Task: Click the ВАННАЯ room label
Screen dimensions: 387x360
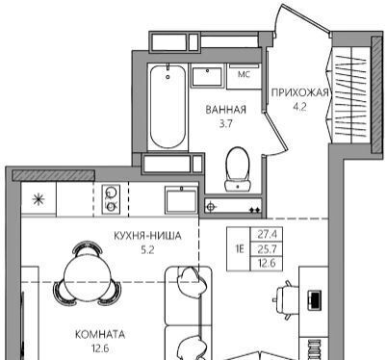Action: coord(225,110)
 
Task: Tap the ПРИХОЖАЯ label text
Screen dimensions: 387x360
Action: coord(300,92)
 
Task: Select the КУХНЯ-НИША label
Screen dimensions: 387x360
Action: coord(147,236)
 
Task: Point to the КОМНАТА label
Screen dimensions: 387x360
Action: coord(100,335)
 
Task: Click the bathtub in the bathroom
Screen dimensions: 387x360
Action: coord(168,107)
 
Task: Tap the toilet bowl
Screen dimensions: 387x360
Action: coord(238,168)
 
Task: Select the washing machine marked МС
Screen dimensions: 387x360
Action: coord(244,76)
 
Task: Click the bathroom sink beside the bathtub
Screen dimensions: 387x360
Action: coord(207,76)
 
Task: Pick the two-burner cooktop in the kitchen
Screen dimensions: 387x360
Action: coord(111,199)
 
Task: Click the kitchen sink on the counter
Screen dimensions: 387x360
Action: coord(181,199)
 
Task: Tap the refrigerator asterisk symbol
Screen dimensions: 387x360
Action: coord(39,200)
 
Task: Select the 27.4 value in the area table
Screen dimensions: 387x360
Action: coord(267,234)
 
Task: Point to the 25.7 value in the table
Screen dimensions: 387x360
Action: coord(267,248)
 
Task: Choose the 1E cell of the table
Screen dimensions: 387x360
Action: coord(240,249)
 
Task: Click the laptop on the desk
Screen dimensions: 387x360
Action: coord(314,300)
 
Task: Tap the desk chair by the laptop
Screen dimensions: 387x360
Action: coord(285,299)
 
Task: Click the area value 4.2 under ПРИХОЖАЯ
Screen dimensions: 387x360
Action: coord(299,107)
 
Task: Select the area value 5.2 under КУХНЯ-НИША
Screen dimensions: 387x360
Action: coord(147,250)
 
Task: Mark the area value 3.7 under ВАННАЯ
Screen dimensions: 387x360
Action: coord(225,124)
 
